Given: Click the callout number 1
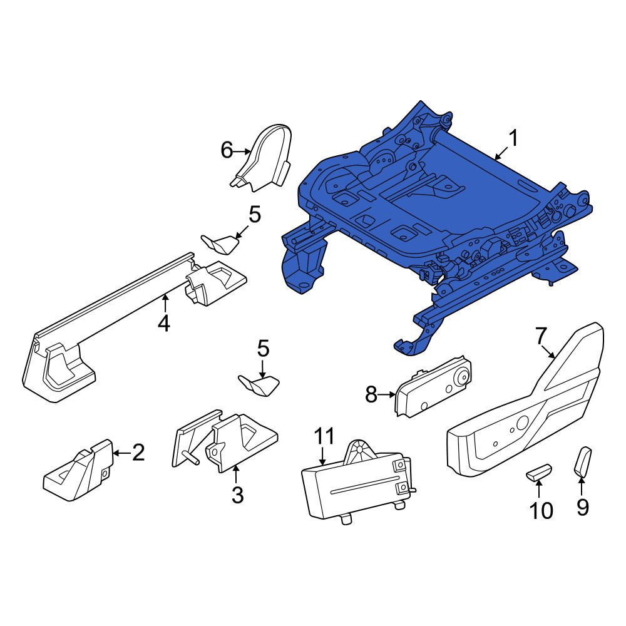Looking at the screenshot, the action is [x=514, y=138].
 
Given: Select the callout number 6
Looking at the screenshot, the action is [x=227, y=150].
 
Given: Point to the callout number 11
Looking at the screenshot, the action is [x=324, y=436].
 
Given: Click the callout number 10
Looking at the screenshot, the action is [x=541, y=511].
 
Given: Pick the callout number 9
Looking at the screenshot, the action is [x=583, y=507].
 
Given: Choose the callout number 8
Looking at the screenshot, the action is [x=371, y=394].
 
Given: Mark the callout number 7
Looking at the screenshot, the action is [x=540, y=336].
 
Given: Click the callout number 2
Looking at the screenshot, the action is [x=138, y=453].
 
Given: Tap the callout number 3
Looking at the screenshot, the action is [x=237, y=495].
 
